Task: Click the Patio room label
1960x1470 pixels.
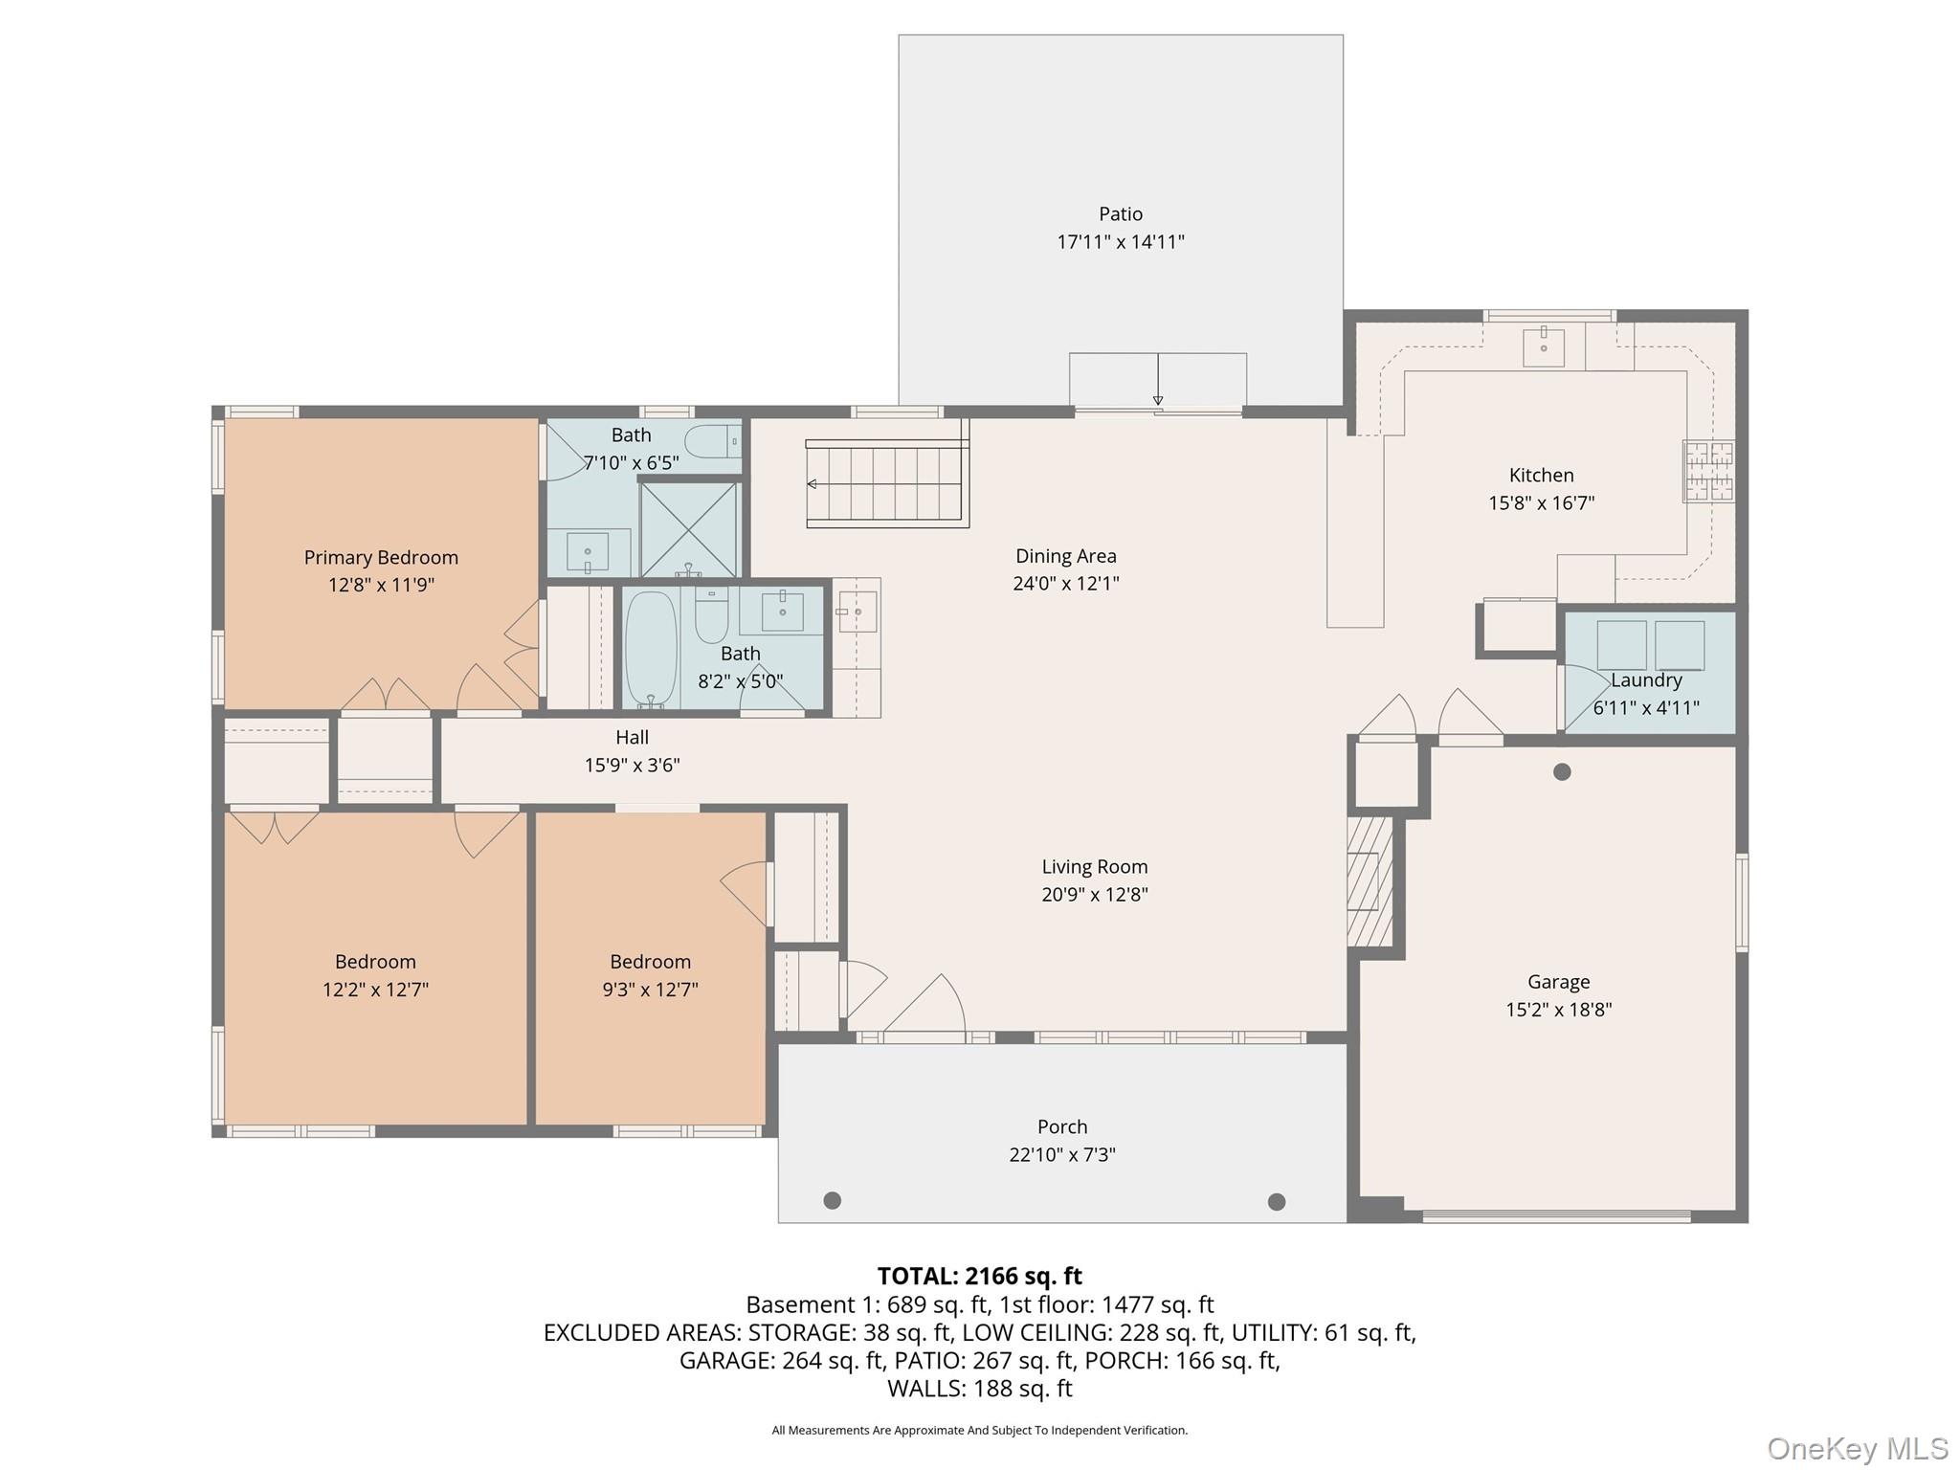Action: (x=1120, y=213)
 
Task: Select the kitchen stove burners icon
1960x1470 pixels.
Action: (x=1709, y=471)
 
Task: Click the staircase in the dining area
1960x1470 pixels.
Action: (x=886, y=483)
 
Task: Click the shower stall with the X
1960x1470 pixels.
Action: (x=689, y=529)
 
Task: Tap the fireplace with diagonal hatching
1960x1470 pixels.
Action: (x=1369, y=880)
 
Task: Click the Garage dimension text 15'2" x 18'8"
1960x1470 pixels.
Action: (x=1558, y=1009)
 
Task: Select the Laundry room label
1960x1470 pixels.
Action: (x=1645, y=680)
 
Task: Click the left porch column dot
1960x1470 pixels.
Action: (x=832, y=1200)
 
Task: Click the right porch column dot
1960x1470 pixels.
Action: (x=1276, y=1201)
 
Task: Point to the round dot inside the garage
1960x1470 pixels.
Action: (x=1562, y=771)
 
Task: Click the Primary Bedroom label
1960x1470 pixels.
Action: (x=381, y=557)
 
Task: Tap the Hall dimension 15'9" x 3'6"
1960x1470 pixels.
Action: (x=632, y=765)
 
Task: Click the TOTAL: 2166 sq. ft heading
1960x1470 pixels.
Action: (x=979, y=1276)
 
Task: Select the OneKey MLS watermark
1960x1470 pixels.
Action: (x=1857, y=1448)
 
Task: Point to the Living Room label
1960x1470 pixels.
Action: (x=1094, y=866)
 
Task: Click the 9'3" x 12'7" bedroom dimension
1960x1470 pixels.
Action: (x=650, y=989)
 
